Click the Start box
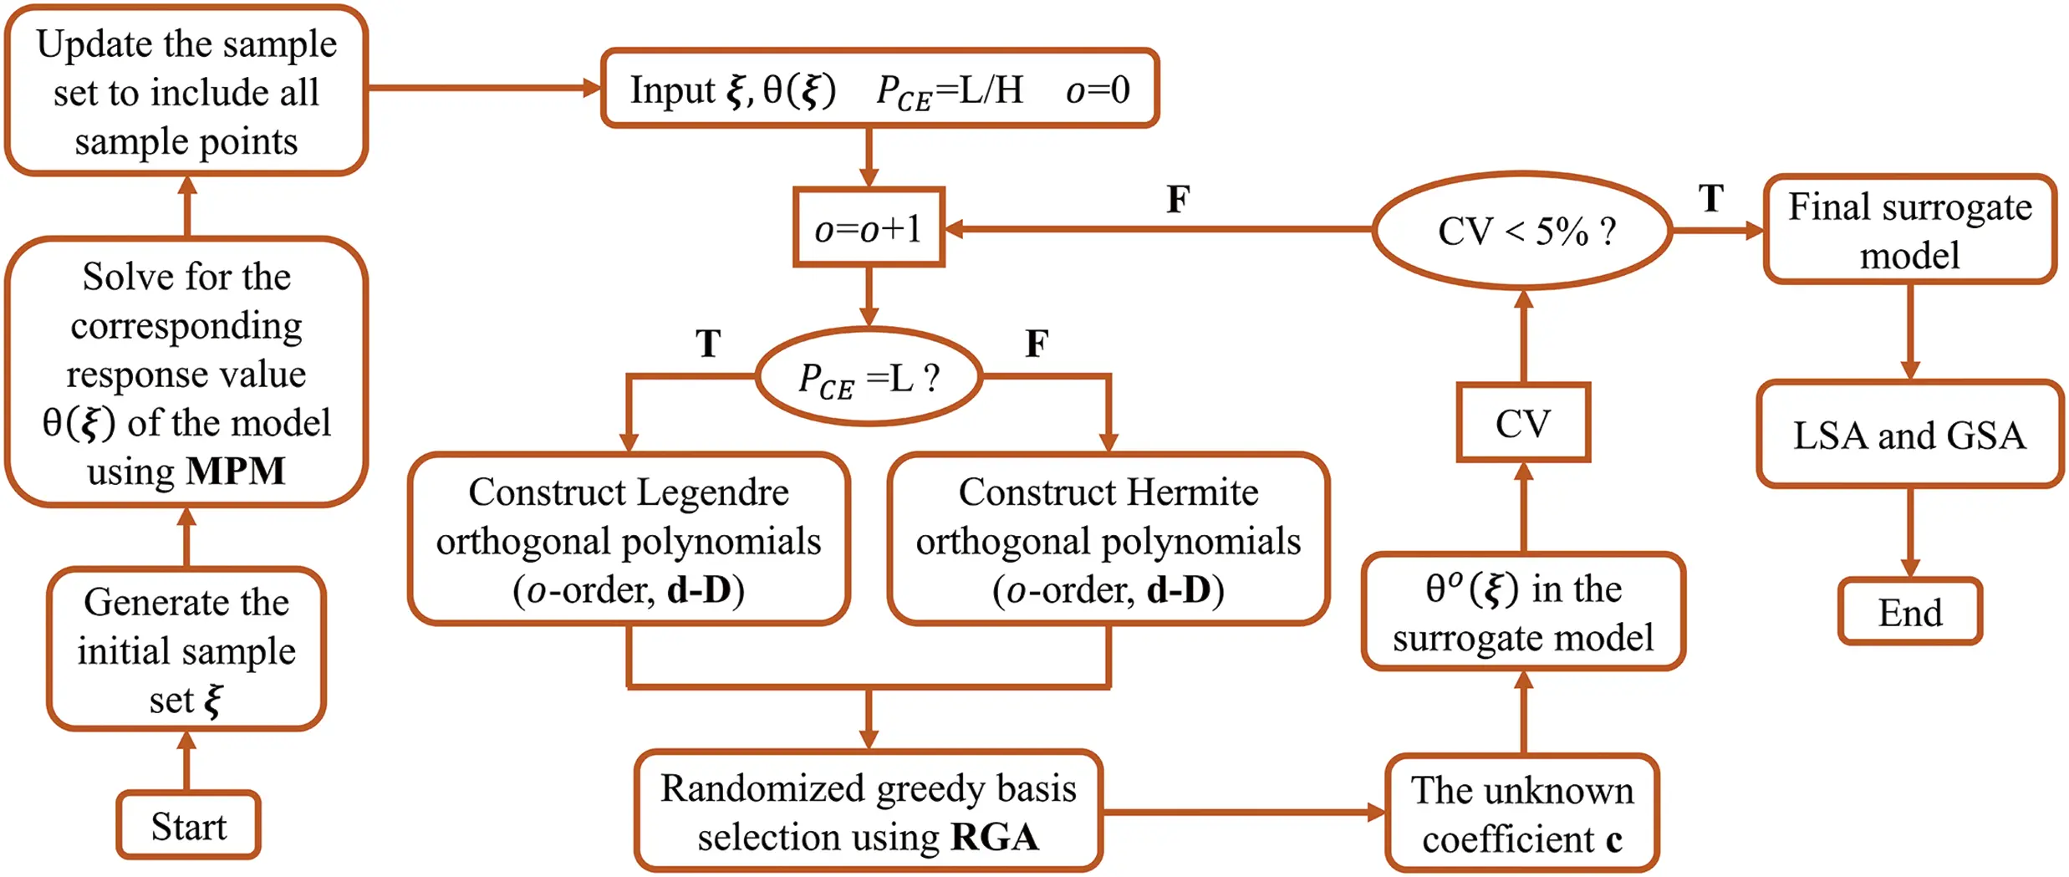[188, 825]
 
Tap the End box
[1909, 612]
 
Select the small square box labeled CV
[1522, 423]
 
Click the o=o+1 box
[869, 227]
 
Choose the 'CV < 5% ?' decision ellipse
[1522, 231]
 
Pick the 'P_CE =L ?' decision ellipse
[869, 377]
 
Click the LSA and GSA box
[1909, 435]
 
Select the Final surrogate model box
[1909, 230]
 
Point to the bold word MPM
[236, 471]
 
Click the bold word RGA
[995, 837]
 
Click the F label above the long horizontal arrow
[1178, 199]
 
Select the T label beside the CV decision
[1710, 199]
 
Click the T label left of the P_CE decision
[707, 344]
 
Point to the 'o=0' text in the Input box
[1097, 89]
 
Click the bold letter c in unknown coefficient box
[1613, 839]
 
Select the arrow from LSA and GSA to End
[1909, 532]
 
